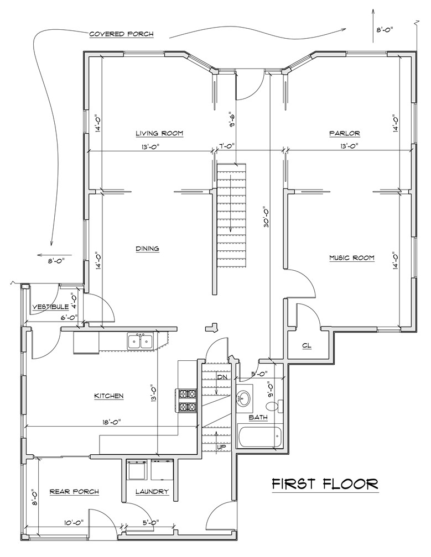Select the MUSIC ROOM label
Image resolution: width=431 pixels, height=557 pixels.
click(352, 258)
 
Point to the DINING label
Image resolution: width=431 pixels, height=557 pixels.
click(147, 249)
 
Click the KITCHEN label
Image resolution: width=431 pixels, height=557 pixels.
click(109, 396)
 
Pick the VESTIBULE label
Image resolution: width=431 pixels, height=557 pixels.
click(50, 307)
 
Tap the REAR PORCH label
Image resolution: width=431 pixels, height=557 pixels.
click(74, 492)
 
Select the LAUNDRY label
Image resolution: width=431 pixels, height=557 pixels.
click(152, 492)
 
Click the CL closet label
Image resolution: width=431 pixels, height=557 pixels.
click(307, 345)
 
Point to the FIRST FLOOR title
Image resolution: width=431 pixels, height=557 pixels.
click(325, 484)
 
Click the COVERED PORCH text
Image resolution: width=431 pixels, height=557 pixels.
click(121, 34)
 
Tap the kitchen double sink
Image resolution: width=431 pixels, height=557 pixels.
click(141, 341)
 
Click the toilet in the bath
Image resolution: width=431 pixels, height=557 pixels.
click(274, 406)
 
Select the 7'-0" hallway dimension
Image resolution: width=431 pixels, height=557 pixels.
click(225, 146)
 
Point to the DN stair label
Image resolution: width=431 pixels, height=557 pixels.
click(222, 377)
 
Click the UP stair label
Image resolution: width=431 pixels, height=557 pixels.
click(221, 447)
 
